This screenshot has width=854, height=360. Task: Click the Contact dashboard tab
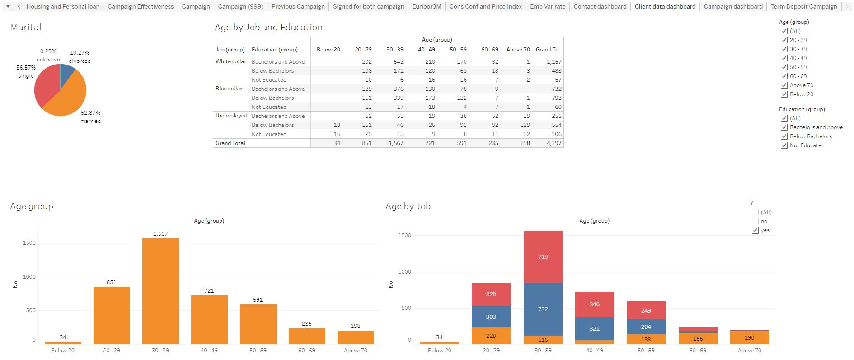point(600,6)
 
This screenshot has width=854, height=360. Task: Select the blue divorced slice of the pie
point(67,71)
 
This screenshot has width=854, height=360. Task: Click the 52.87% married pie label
point(90,117)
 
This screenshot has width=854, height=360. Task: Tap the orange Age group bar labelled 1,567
point(160,291)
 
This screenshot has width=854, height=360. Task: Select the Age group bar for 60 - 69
point(307,336)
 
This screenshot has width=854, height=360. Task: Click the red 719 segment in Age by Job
point(543,257)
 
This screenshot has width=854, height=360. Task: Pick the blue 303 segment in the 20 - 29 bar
point(491,317)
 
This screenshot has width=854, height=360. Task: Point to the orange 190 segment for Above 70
point(749,337)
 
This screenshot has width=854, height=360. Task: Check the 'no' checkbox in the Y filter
point(755,221)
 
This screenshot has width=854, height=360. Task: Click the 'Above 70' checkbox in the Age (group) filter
point(784,85)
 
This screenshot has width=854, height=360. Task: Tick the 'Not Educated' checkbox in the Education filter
point(784,145)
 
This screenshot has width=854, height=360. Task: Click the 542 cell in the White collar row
point(398,62)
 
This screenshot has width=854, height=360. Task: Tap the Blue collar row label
point(229,89)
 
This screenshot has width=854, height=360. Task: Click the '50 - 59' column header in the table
point(458,50)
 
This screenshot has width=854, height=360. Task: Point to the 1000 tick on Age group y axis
point(29,277)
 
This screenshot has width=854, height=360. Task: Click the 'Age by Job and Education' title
point(268,27)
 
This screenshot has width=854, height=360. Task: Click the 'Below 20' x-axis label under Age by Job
point(439,351)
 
